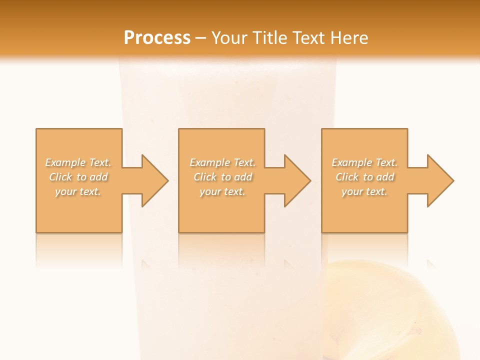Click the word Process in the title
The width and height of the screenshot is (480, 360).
157,38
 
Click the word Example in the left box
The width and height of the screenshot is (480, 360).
65,162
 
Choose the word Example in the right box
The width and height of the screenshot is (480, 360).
352,162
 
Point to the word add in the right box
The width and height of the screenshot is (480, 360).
385,177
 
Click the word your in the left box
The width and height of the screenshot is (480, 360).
65,191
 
